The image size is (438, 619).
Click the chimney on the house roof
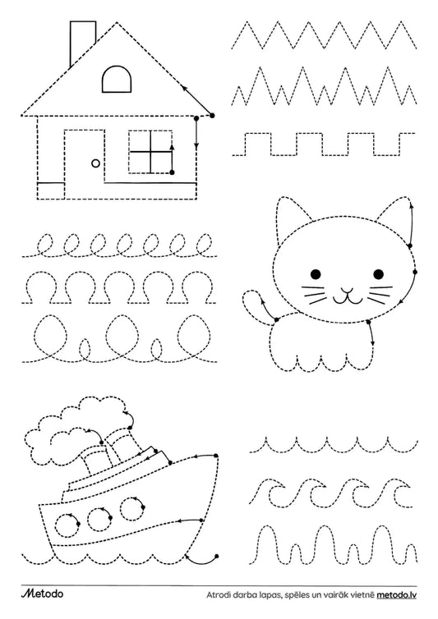(82, 43)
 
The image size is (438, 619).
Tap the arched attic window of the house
(117, 79)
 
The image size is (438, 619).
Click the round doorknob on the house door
(95, 163)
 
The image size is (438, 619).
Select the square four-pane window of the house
(150, 151)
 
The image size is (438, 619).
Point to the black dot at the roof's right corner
(212, 116)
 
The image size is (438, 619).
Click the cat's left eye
(316, 273)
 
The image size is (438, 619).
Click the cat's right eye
(378, 273)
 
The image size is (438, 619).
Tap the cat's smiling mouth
(347, 296)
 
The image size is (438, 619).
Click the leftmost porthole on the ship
(67, 525)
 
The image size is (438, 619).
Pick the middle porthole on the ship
(99, 519)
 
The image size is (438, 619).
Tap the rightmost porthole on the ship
(131, 509)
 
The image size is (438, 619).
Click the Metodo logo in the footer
(42, 594)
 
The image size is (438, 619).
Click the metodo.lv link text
(396, 595)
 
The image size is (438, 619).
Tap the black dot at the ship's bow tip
(216, 456)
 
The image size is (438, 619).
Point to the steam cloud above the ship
(77, 430)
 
